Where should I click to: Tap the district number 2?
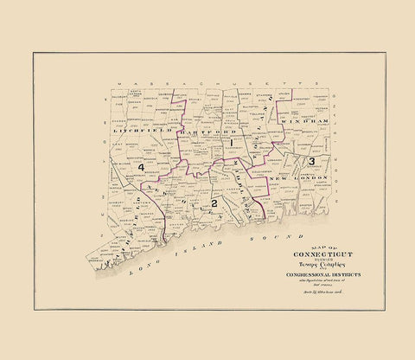(213, 203)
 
